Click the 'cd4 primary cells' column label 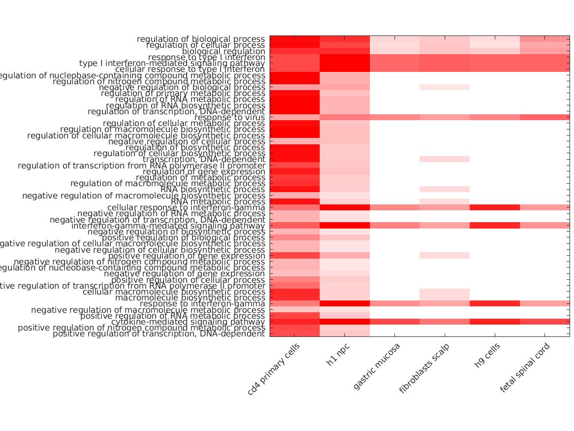[273, 369]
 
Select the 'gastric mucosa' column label [377, 366]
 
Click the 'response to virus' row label [230, 118]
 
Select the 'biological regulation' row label [224, 51]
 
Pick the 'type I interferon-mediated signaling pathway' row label [172, 64]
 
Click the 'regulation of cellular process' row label [206, 45]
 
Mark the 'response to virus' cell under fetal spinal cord [544, 117]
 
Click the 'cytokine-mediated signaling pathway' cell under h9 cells [494, 322]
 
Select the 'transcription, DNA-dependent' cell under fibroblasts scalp [444, 159]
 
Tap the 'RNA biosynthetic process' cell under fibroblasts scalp [444, 189]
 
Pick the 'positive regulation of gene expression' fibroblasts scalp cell [444, 256]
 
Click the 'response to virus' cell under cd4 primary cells [294, 117]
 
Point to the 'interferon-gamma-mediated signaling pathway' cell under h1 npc [344, 226]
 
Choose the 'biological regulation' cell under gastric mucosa [394, 51]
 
